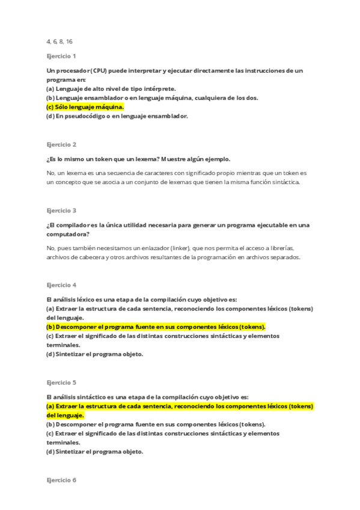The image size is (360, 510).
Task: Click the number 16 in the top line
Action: pyautogui.click(x=70, y=41)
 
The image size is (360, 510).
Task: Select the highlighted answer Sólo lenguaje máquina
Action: pyautogui.click(x=85, y=107)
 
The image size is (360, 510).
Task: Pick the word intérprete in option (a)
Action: pyautogui.click(x=156, y=88)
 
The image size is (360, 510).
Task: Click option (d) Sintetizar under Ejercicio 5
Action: pyautogui.click(x=94, y=452)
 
